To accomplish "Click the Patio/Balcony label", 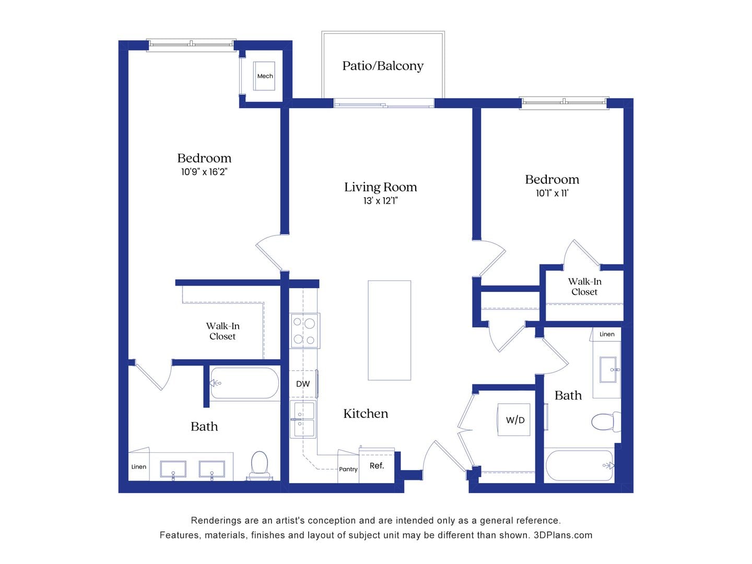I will pyautogui.click(x=383, y=66).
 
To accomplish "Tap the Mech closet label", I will pyautogui.click(x=265, y=76).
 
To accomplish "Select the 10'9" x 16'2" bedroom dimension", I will pyautogui.click(x=204, y=172).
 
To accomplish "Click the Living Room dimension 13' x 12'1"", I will pyautogui.click(x=380, y=201).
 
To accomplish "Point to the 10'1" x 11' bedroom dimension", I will pyautogui.click(x=552, y=193).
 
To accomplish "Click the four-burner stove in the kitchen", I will pyautogui.click(x=304, y=331).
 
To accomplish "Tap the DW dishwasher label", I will pyautogui.click(x=303, y=384).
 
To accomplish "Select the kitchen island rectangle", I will pyautogui.click(x=389, y=330).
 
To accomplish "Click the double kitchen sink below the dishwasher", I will pyautogui.click(x=303, y=419).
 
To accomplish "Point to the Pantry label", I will pyautogui.click(x=348, y=469).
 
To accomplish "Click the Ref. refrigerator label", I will pyautogui.click(x=377, y=465).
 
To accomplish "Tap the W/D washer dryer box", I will pyautogui.click(x=514, y=420).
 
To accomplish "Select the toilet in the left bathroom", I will pyautogui.click(x=260, y=465).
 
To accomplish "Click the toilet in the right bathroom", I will pyautogui.click(x=605, y=421).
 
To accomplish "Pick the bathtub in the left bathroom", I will pyautogui.click(x=244, y=383).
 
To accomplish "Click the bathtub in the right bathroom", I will pyautogui.click(x=579, y=465).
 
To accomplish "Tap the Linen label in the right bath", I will pyautogui.click(x=607, y=334).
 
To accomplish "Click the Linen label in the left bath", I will pyautogui.click(x=139, y=467).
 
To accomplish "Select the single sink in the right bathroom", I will pyautogui.click(x=608, y=369).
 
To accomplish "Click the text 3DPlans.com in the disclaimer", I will pyautogui.click(x=563, y=535).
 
